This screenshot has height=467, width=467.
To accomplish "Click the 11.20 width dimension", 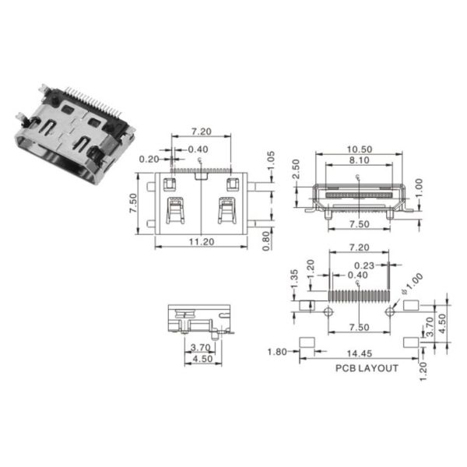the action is [x=202, y=241].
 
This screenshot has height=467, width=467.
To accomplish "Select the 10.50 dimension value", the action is [x=360, y=149].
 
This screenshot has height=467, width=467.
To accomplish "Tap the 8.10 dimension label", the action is [x=359, y=160].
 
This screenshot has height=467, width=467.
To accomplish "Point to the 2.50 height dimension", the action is [x=296, y=169].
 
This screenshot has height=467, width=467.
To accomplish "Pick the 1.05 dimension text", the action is [x=270, y=161].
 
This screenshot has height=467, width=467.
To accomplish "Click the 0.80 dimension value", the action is [x=266, y=241].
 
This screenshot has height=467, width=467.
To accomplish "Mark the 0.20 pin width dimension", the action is [x=149, y=160].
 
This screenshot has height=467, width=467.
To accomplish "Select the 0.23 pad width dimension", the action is [x=364, y=265].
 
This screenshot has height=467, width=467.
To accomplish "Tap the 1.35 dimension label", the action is [x=294, y=279].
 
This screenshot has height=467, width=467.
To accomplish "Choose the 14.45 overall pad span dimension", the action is [x=360, y=353].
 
